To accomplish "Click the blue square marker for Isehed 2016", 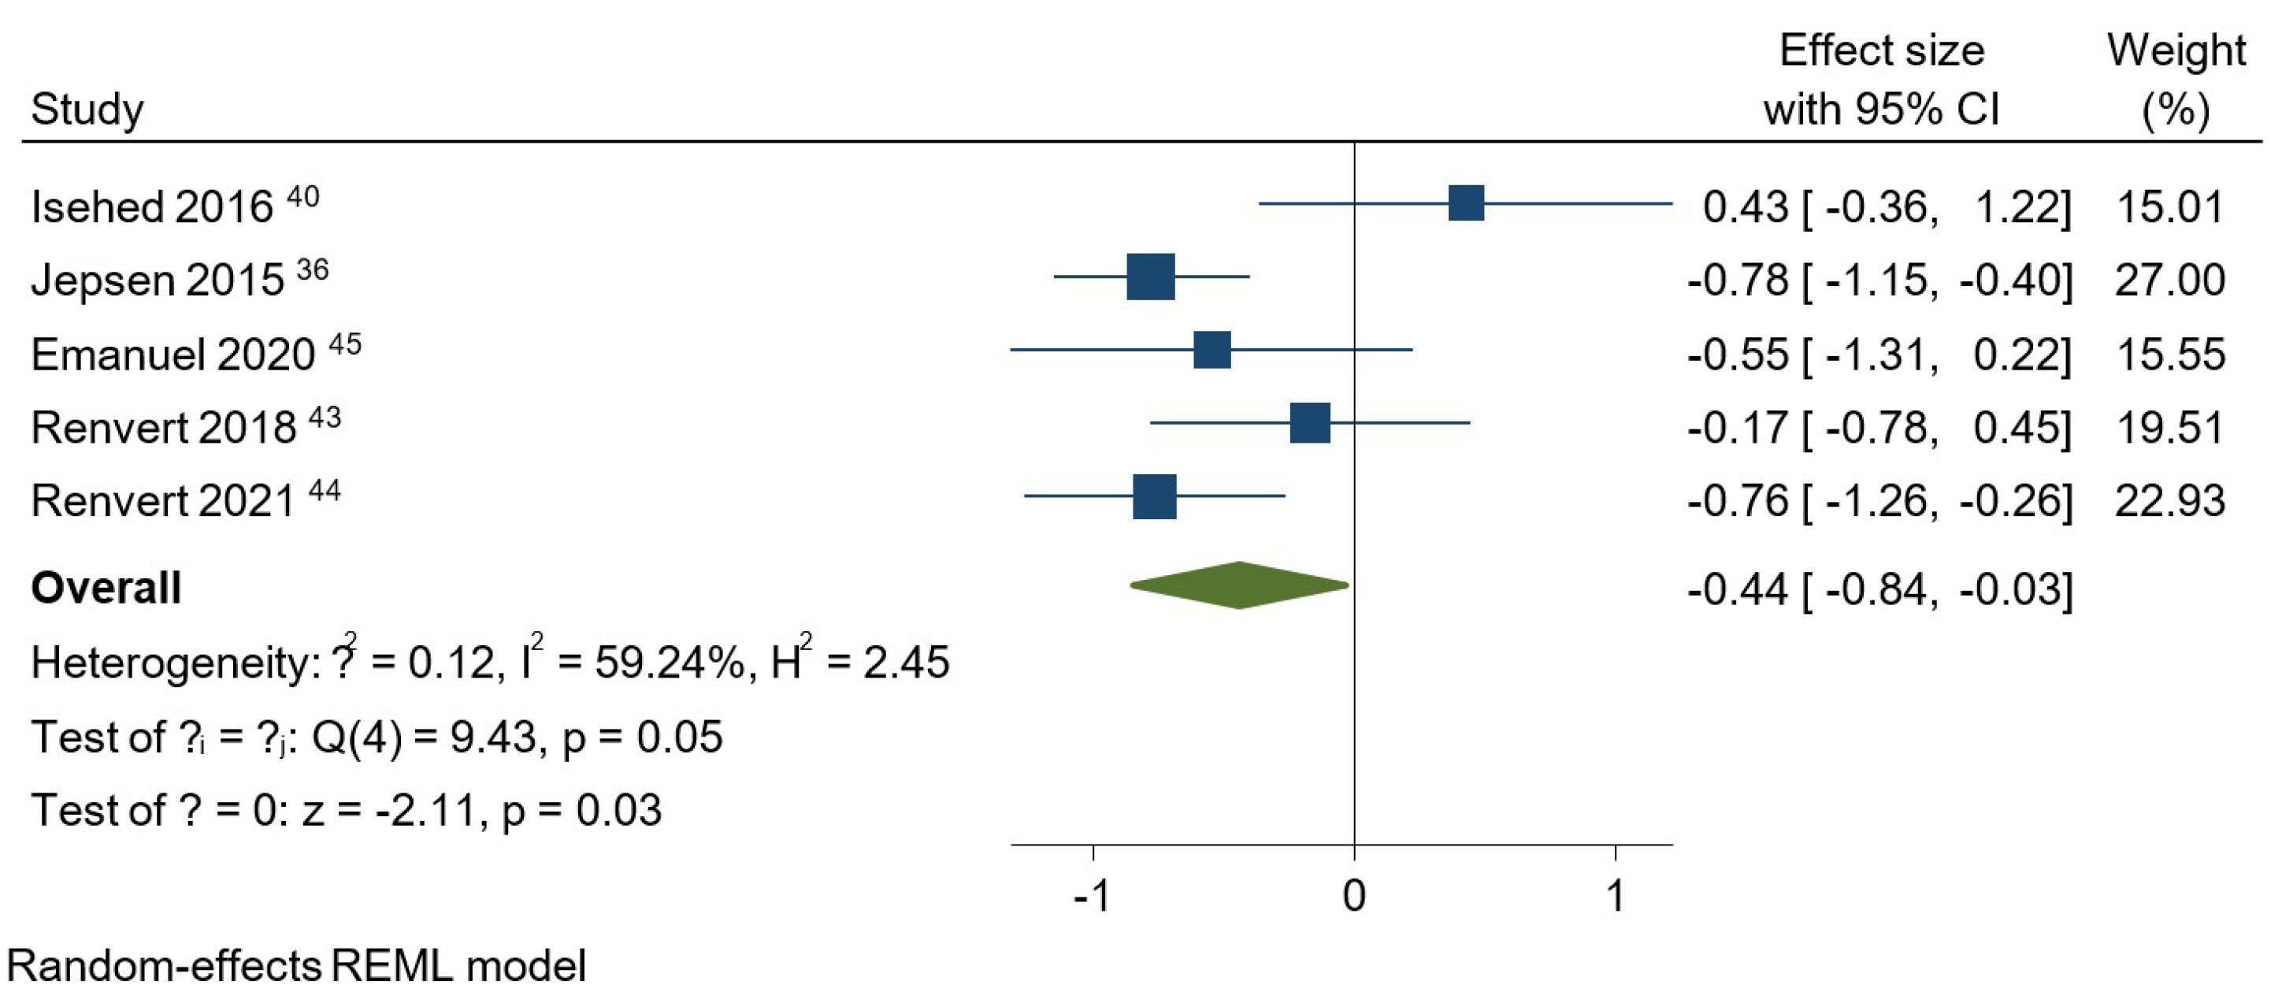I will click(1466, 203).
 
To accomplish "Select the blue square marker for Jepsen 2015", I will click(1151, 277).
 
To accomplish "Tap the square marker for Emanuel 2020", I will click(1212, 350).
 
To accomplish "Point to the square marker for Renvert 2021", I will click(1154, 496).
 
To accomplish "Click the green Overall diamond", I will click(1239, 585).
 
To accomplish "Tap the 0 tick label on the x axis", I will click(1353, 897).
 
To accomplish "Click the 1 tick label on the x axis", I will click(1615, 897).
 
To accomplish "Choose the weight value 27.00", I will click(2169, 280).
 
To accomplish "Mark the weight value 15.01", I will click(2169, 207).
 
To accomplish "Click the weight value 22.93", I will click(2169, 501).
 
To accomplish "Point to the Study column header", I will click(87, 110).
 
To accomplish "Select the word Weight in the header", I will click(2176, 50).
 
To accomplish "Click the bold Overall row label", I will click(106, 589).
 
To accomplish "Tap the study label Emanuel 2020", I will click(173, 355).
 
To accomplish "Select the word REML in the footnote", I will click(391, 966).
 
